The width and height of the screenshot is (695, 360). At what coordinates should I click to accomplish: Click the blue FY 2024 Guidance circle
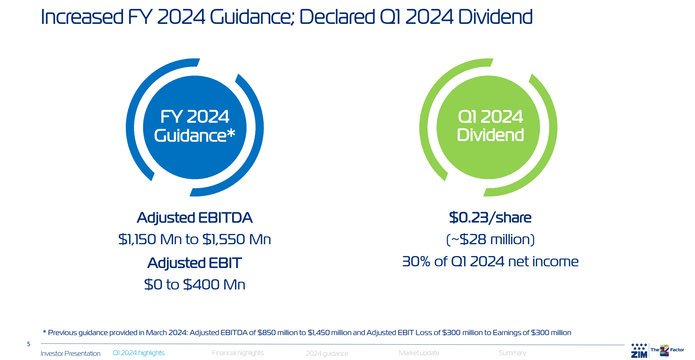point(195,127)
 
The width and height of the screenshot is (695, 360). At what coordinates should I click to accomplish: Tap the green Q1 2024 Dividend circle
point(488,127)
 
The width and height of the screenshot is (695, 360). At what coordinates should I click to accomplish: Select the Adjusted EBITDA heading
point(195,218)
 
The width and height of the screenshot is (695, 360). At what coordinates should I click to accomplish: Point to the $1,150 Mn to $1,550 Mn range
point(195,239)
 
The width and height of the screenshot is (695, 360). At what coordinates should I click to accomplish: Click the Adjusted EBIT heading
point(195,263)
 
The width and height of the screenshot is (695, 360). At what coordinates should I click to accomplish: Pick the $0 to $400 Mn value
point(195,285)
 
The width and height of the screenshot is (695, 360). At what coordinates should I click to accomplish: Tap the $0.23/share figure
point(490,218)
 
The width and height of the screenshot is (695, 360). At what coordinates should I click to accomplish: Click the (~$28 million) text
point(490,239)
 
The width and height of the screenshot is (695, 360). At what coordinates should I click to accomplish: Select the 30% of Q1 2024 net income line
point(490,261)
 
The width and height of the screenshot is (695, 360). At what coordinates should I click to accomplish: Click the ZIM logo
point(639,351)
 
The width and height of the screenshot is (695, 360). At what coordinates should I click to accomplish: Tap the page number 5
point(29,344)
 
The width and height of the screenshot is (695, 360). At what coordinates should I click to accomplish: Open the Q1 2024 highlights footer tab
point(139,353)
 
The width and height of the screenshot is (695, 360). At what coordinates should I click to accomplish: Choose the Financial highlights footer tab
point(238,353)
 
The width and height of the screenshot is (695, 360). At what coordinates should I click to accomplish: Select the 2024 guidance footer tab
point(327,353)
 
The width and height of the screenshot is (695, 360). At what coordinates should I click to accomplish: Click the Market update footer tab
point(419,353)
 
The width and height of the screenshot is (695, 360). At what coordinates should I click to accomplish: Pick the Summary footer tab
point(512,353)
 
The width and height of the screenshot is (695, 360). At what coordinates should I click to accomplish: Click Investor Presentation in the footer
point(70,353)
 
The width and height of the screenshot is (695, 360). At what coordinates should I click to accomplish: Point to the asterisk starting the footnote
point(45,332)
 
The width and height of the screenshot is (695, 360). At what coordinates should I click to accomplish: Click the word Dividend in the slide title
point(495,17)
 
